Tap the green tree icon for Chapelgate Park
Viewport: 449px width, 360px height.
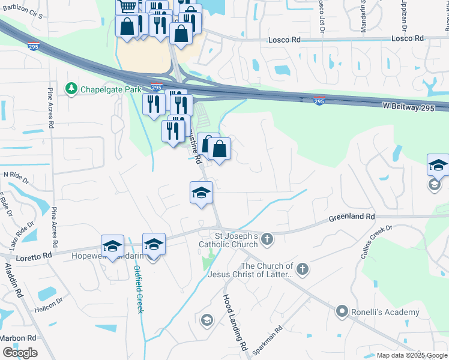[x=71, y=89]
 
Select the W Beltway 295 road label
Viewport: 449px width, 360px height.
[x=415, y=106]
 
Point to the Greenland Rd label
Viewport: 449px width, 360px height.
[x=351, y=216]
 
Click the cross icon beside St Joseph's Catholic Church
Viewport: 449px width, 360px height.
[x=267, y=240]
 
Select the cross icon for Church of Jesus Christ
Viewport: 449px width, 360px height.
[x=303, y=269]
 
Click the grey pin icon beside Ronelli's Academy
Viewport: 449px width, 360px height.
[x=342, y=311]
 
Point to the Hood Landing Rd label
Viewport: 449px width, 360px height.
[x=235, y=322]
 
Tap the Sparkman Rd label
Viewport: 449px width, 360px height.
[x=268, y=340]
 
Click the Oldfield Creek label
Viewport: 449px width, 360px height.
[x=138, y=289]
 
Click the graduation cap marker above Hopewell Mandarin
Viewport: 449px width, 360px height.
[x=112, y=246]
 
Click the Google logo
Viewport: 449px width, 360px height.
[x=20, y=353]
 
